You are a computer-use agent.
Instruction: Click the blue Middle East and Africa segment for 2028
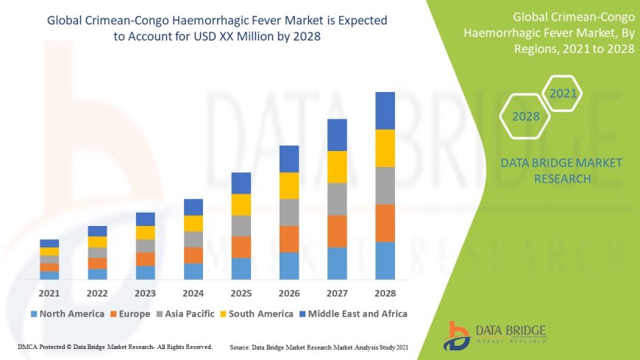tap(385, 110)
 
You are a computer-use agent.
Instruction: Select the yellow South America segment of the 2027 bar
tap(337, 166)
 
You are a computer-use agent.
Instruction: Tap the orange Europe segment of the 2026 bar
tap(289, 239)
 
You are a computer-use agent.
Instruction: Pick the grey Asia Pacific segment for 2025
tap(241, 225)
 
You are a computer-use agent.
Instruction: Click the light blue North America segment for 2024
tap(193, 271)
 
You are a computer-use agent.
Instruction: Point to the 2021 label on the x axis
tap(49, 292)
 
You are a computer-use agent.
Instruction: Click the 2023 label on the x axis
tap(145, 292)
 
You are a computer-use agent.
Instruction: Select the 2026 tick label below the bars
tap(289, 292)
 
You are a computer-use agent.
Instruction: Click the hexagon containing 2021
tap(563, 94)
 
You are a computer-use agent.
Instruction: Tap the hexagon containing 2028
tap(526, 116)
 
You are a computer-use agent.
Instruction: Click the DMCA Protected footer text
tap(114, 346)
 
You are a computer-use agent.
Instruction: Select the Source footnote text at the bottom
tap(319, 346)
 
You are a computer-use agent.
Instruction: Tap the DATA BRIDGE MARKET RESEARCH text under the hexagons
tap(561, 170)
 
